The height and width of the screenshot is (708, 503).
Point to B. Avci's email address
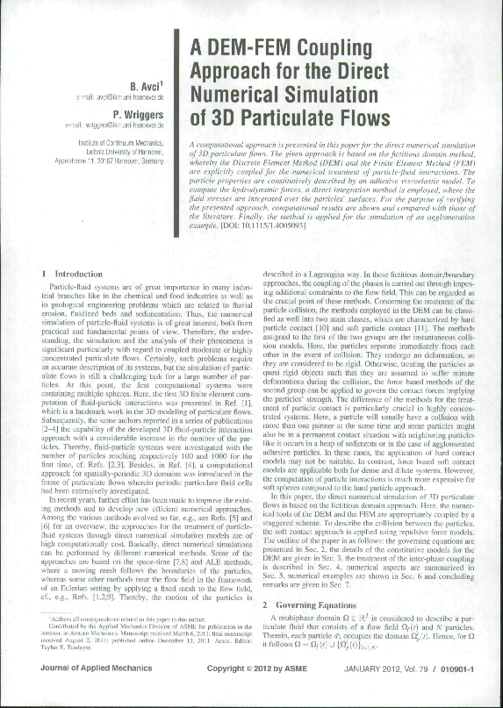point(120,98)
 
